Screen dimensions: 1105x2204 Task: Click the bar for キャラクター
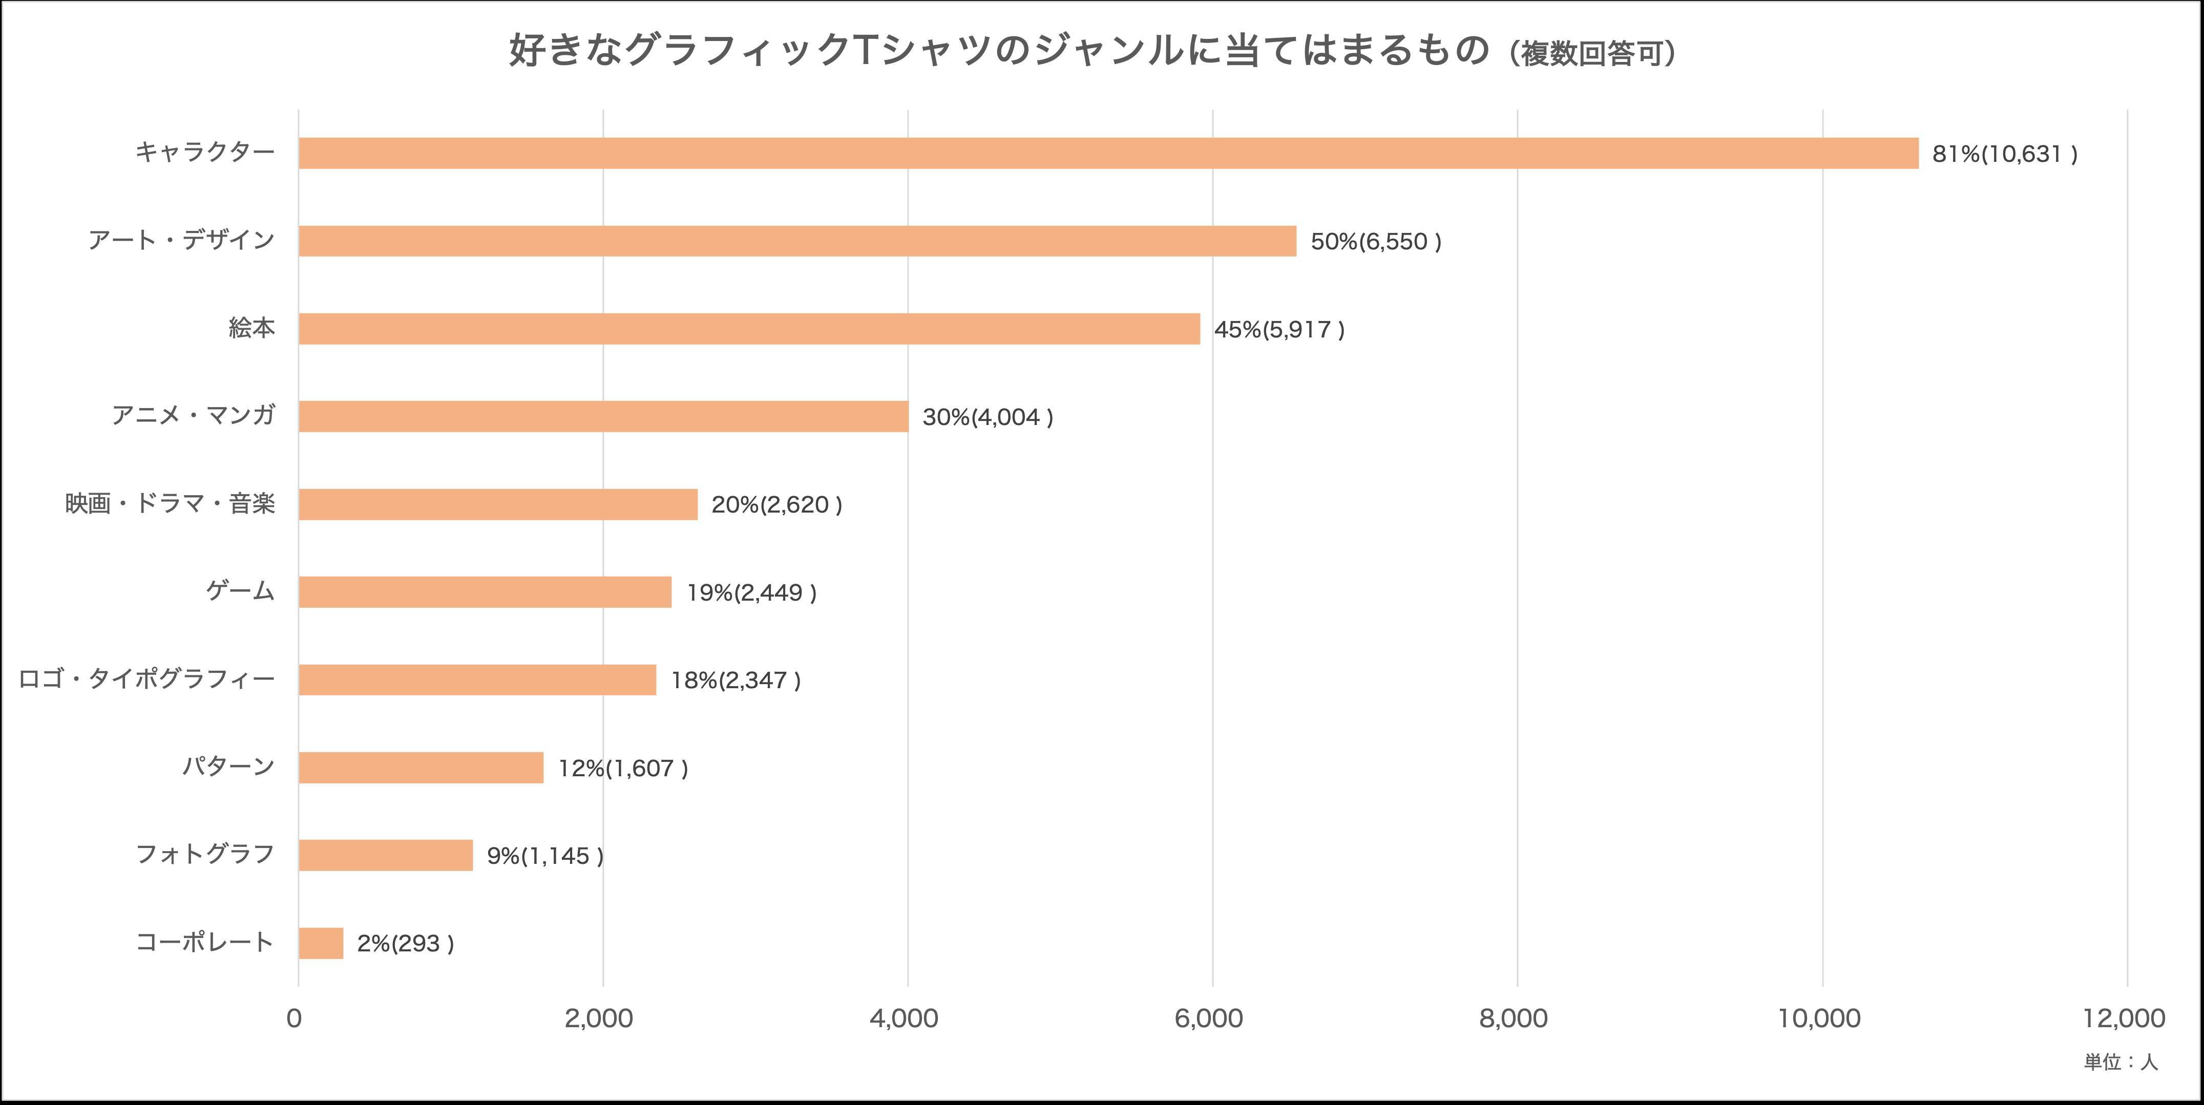point(1108,153)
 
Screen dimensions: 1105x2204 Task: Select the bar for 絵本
point(749,328)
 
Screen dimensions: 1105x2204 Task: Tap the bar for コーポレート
point(321,943)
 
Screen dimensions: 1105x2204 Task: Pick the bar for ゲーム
point(485,592)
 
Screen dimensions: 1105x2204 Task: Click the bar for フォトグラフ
point(385,855)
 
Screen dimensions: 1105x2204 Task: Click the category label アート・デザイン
point(181,240)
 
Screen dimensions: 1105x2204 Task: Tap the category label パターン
point(227,767)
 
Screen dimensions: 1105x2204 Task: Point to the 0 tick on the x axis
point(295,1018)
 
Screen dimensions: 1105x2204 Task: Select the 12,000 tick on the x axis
point(2125,1018)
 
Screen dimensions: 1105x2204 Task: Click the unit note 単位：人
point(2120,1062)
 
